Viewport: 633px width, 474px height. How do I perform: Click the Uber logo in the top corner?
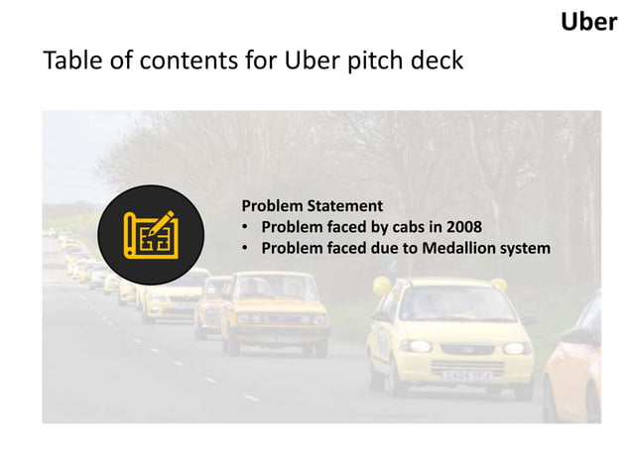(588, 21)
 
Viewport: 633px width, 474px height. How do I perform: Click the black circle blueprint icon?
(150, 234)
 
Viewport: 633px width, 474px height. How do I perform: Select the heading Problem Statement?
(312, 206)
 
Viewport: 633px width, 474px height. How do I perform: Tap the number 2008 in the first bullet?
(463, 227)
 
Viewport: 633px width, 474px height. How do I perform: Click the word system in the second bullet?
(526, 248)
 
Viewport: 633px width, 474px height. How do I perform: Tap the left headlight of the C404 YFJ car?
(417, 346)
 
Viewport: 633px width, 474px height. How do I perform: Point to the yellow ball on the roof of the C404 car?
(381, 287)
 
